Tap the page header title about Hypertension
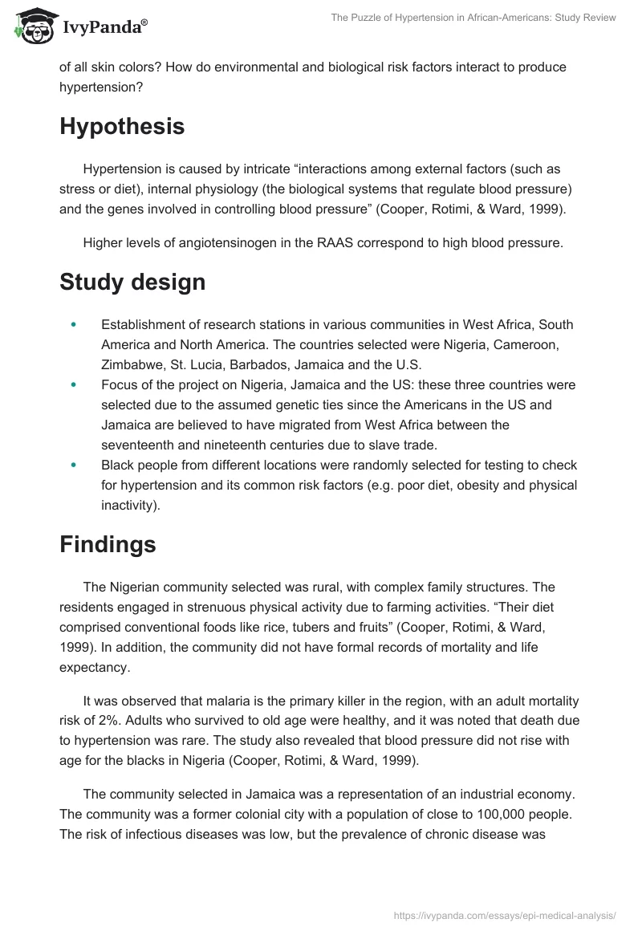473,18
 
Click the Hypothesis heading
122,127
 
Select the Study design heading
132,282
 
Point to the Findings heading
108,544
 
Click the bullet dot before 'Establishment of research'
74,324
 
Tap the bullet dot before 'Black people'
74,465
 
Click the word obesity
458,485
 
